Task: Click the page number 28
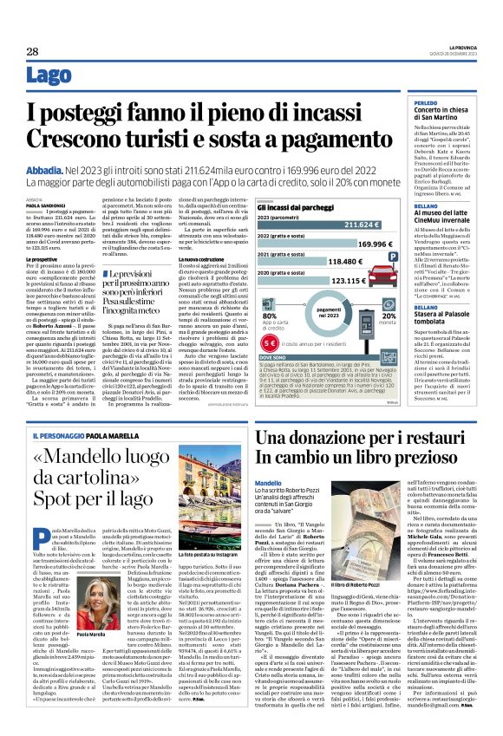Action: coord(32,52)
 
